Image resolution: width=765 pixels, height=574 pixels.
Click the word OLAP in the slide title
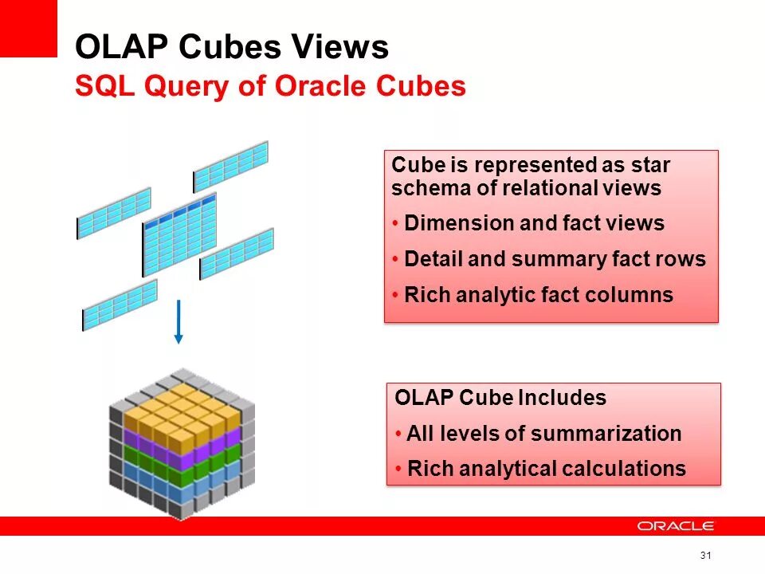[x=121, y=48]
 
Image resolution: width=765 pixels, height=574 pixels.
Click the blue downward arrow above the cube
[x=178, y=322]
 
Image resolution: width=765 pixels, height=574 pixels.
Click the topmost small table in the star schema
[x=231, y=166]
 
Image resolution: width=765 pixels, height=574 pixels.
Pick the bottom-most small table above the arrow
[x=120, y=305]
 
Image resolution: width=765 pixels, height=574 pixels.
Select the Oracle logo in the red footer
[x=675, y=526]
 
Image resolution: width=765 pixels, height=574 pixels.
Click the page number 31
[x=704, y=555]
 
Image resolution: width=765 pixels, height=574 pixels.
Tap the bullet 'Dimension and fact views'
[x=534, y=223]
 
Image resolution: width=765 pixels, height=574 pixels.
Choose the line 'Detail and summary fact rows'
[x=555, y=259]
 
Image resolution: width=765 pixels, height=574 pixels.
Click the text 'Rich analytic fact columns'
[x=539, y=295]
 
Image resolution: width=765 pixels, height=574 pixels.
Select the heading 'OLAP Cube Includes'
[x=500, y=398]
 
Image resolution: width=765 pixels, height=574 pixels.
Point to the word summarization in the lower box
[x=606, y=434]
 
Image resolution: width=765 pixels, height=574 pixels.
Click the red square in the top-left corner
[x=29, y=28]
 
